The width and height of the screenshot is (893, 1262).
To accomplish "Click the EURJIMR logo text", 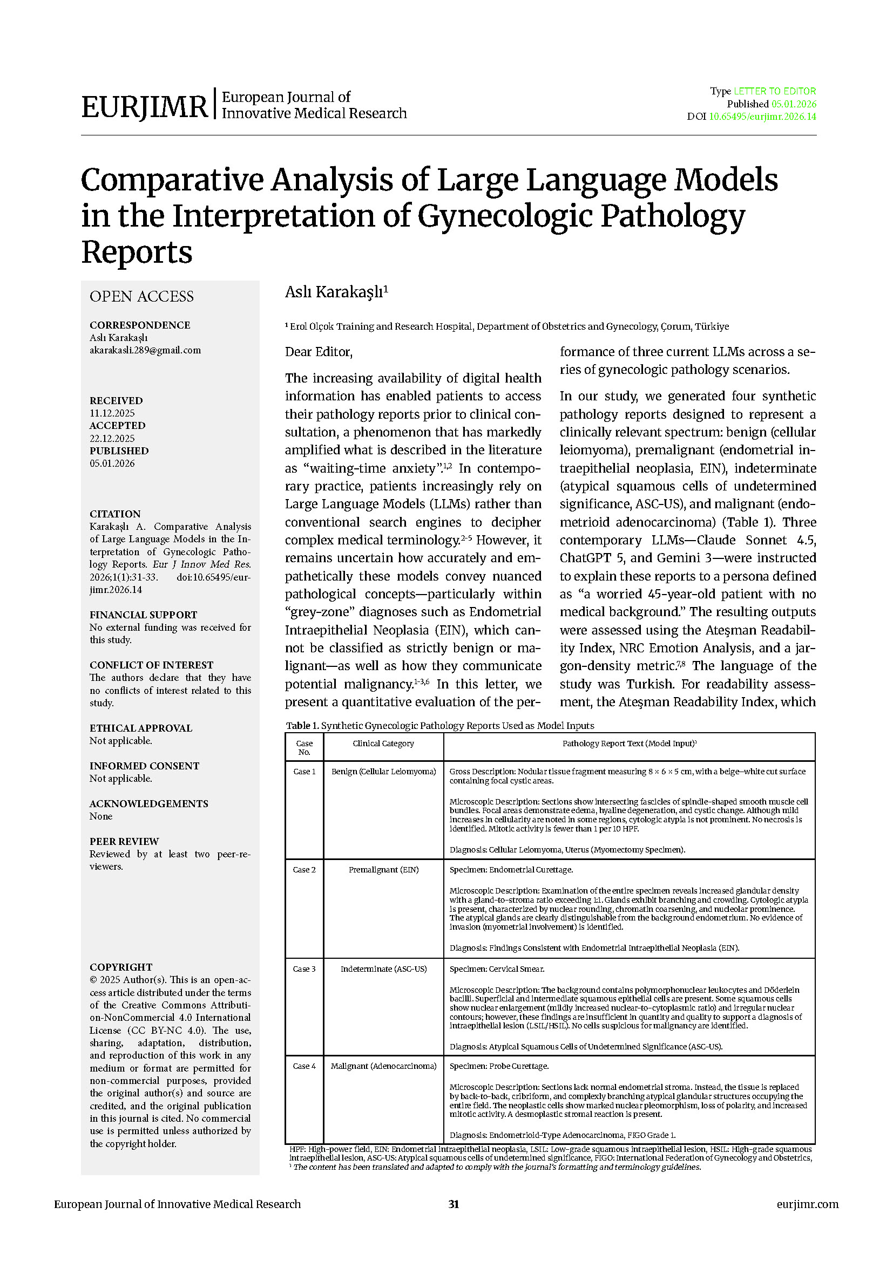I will coord(144,107).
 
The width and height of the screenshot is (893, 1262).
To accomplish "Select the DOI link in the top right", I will coord(762,117).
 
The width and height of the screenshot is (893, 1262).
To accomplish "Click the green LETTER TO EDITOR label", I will coord(775,91).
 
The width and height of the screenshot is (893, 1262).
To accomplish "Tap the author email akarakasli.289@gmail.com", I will coord(145,350).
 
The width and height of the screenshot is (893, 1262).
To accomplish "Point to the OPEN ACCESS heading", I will coord(141,297).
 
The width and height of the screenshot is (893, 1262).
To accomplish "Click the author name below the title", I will coord(336,292).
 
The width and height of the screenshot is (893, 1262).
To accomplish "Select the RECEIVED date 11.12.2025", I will coord(112,413).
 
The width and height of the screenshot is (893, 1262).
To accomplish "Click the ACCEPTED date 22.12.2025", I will coord(112,439).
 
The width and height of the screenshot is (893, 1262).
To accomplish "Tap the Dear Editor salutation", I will coord(319,352).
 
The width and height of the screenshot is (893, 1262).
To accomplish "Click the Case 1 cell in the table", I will coord(304,772).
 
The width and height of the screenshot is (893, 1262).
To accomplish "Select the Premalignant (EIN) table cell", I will coord(383,870).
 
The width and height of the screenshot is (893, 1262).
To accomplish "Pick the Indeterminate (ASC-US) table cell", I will coord(383,969).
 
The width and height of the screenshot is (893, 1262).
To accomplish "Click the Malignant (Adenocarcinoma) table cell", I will coord(383,1066).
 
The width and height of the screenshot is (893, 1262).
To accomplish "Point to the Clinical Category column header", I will coord(383,743).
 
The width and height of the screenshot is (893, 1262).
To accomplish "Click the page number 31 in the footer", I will coord(454,1204).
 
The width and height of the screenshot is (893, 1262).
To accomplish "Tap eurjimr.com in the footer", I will coord(807,1204).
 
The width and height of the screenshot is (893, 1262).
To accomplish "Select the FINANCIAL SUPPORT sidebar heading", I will coord(143,615).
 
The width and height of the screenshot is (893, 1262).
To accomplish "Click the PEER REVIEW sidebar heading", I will coord(124,842).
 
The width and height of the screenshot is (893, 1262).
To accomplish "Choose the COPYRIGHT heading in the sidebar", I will coord(121,967).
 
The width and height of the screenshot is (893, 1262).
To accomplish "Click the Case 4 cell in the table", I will coord(304,1066).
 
